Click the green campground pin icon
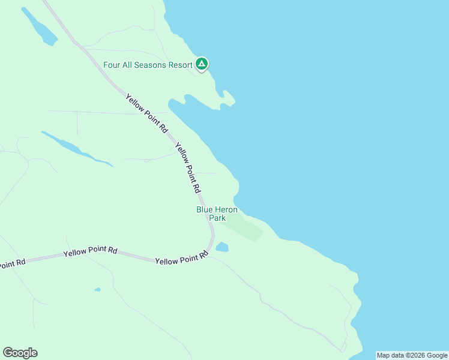coord(202,64)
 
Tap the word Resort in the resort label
coord(178,64)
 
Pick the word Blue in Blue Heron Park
coord(205,209)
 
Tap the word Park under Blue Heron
coord(217,218)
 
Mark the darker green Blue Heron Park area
coord(246,227)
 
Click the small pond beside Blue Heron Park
coord(222,247)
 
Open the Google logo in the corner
coord(20,353)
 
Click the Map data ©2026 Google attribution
coord(412,355)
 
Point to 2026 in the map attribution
coord(414,355)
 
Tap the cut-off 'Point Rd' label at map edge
coord(12,263)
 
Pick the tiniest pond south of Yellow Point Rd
coord(97,290)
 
